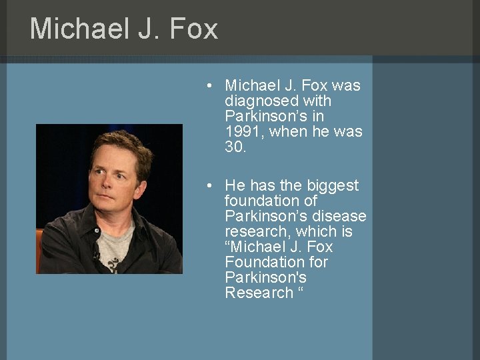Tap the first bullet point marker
point(209,86)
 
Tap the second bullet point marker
point(209,186)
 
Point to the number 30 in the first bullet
point(235,147)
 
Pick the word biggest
point(331,185)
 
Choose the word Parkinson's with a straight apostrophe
point(265,277)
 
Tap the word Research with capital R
point(259,293)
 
